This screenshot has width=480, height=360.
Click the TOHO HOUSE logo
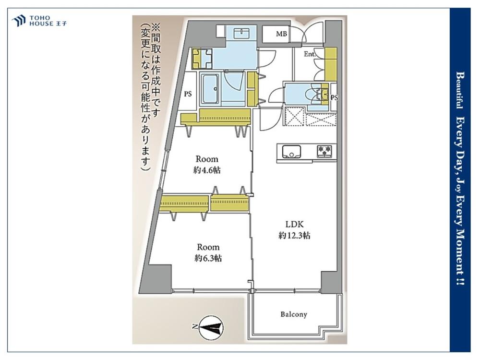point(39,21)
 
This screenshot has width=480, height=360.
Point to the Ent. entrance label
point(310,55)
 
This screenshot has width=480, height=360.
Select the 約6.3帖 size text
point(208,258)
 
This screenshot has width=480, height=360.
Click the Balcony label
point(293,314)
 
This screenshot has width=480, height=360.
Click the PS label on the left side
point(188,94)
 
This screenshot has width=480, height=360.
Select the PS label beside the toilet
point(334,97)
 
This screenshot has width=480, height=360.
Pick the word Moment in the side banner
point(459,254)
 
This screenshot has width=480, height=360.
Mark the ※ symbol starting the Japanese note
point(156,27)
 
